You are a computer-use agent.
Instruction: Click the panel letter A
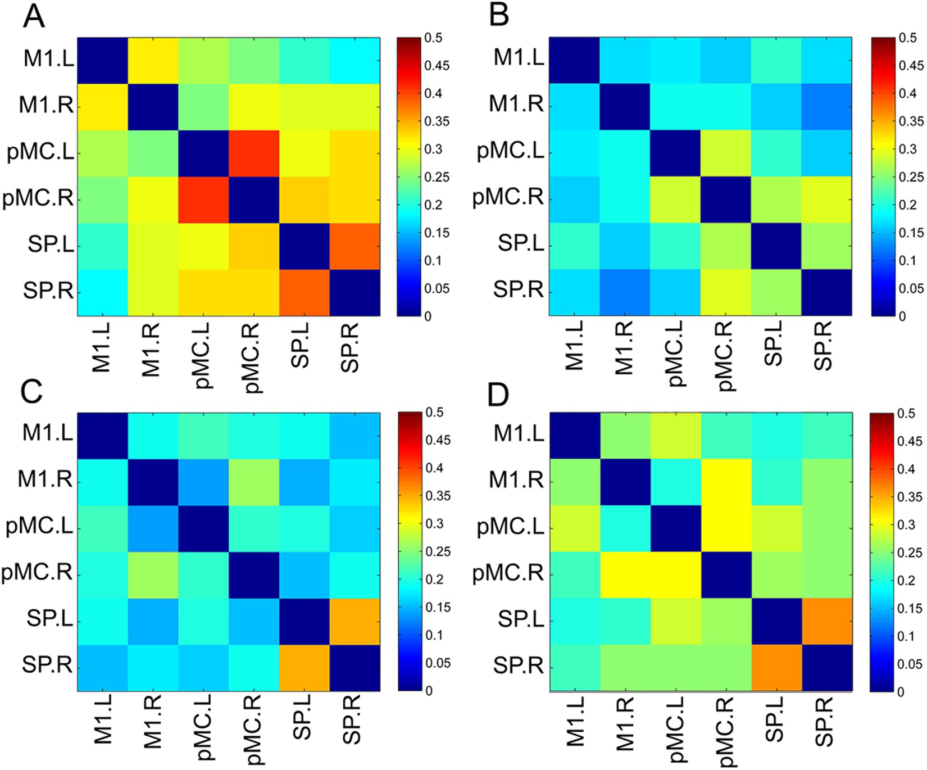coord(34,17)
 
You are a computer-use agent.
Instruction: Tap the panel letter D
coord(498,395)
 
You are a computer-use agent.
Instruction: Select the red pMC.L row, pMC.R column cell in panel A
coord(254,153)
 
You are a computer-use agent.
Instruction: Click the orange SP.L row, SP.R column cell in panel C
coord(355,621)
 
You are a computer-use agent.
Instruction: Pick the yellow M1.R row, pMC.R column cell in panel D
coord(726,482)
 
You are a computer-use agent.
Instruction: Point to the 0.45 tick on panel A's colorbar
coord(437,66)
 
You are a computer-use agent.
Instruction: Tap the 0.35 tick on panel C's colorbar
coord(437,496)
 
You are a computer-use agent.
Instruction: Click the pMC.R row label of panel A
coord(38,199)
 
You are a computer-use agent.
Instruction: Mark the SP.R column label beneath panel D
coord(823,722)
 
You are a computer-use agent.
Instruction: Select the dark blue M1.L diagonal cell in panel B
coord(574,60)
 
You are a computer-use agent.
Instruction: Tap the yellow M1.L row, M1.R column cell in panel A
coord(153,60)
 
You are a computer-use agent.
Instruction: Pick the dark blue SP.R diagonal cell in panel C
coord(355,668)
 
